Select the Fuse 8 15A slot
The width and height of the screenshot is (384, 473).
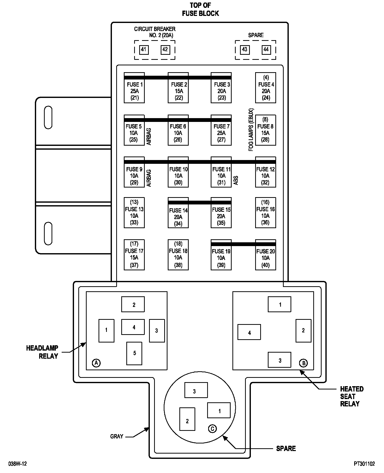pyautogui.click(x=265, y=130)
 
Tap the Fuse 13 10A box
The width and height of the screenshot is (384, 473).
pyautogui.click(x=134, y=213)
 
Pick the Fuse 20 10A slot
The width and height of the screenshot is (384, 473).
pyautogui.click(x=265, y=255)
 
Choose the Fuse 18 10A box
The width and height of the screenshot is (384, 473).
pyautogui.click(x=178, y=255)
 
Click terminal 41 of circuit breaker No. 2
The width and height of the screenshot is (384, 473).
pyautogui.click(x=144, y=49)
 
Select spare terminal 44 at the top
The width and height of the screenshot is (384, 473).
pyautogui.click(x=266, y=49)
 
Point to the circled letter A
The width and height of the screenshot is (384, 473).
pyautogui.click(x=96, y=363)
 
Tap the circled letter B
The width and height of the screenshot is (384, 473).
pyautogui.click(x=303, y=363)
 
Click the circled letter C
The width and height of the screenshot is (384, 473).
pyautogui.click(x=212, y=429)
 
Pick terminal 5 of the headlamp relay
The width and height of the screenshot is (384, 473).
pyautogui.click(x=134, y=353)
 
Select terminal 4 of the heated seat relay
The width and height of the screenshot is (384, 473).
pyautogui.click(x=249, y=333)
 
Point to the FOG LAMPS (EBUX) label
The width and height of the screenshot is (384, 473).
pyautogui.click(x=251, y=130)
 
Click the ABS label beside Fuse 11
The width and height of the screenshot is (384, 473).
pyautogui.click(x=236, y=180)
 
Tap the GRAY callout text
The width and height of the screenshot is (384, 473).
pyautogui.click(x=117, y=436)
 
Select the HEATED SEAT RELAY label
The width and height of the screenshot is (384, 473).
pyautogui.click(x=352, y=396)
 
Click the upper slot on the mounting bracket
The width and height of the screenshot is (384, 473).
pyautogui.click(x=48, y=117)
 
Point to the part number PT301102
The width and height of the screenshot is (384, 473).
pyautogui.click(x=364, y=464)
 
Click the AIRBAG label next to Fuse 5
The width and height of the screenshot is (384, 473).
pyautogui.click(x=149, y=137)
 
